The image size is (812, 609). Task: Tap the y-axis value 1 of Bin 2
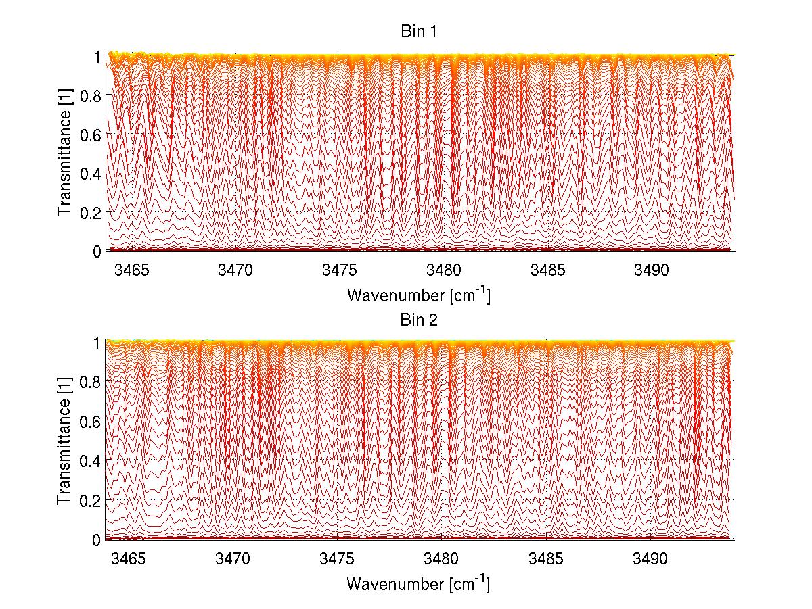point(97,343)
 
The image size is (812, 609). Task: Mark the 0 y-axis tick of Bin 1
point(97,251)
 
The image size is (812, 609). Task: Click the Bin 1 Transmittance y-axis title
point(65,154)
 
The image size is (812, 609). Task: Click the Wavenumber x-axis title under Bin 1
point(418,295)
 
